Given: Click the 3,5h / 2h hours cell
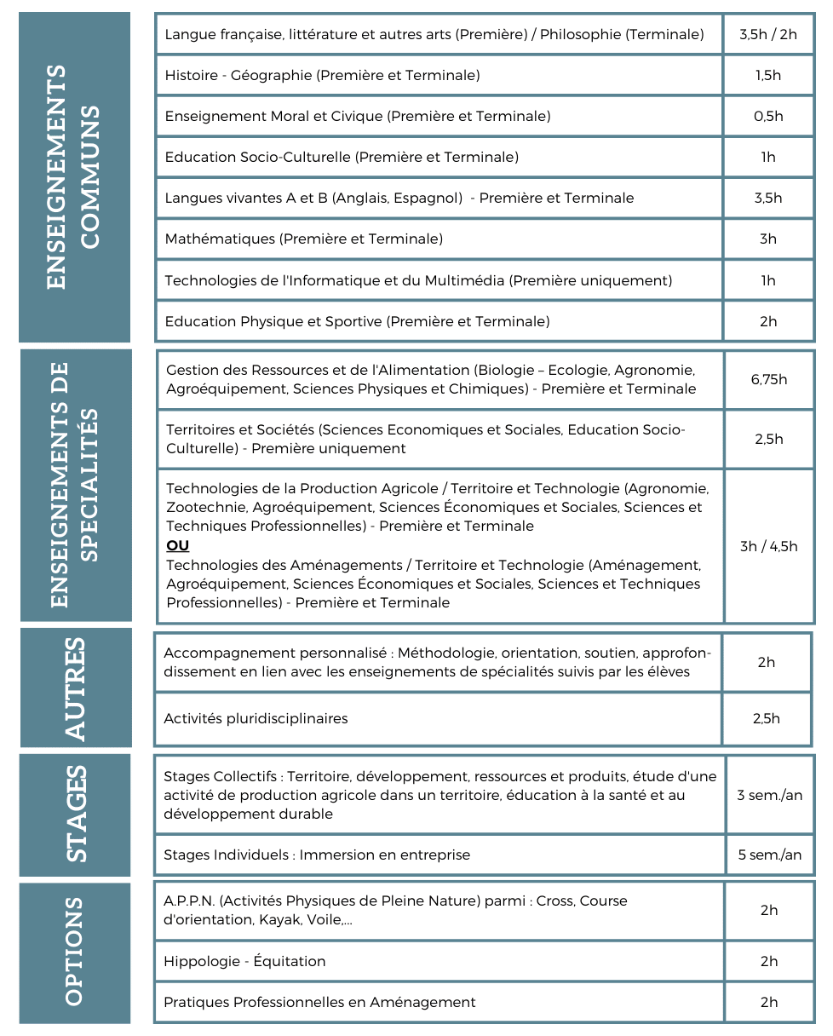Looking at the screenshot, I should pos(768,34).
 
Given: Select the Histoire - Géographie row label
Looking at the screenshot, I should pos(322,75).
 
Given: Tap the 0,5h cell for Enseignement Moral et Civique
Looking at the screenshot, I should pos(768,116).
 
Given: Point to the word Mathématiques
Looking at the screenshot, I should pos(220,239).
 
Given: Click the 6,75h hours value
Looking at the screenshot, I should pos(769,380).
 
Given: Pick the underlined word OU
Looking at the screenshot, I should pos(178,545).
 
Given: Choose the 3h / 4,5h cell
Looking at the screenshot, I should pos(769,546).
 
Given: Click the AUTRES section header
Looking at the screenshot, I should pos(75,688).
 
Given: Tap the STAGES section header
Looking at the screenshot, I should pos(75,814).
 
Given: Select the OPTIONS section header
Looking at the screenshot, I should pos(75,952).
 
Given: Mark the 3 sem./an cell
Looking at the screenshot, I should pos(770,795).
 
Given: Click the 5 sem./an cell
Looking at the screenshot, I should pos(770,855).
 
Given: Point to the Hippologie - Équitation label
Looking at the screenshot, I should pos(244,961).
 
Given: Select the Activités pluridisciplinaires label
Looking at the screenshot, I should pos(256,718).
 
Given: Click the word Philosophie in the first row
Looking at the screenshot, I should pos(581,34).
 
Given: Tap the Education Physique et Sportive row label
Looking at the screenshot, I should pos(357,321).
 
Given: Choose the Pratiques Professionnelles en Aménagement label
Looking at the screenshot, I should pos(319,1002).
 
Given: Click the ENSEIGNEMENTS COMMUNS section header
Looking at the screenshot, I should pos(75,177).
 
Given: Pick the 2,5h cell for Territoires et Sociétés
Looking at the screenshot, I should pos(769,440).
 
